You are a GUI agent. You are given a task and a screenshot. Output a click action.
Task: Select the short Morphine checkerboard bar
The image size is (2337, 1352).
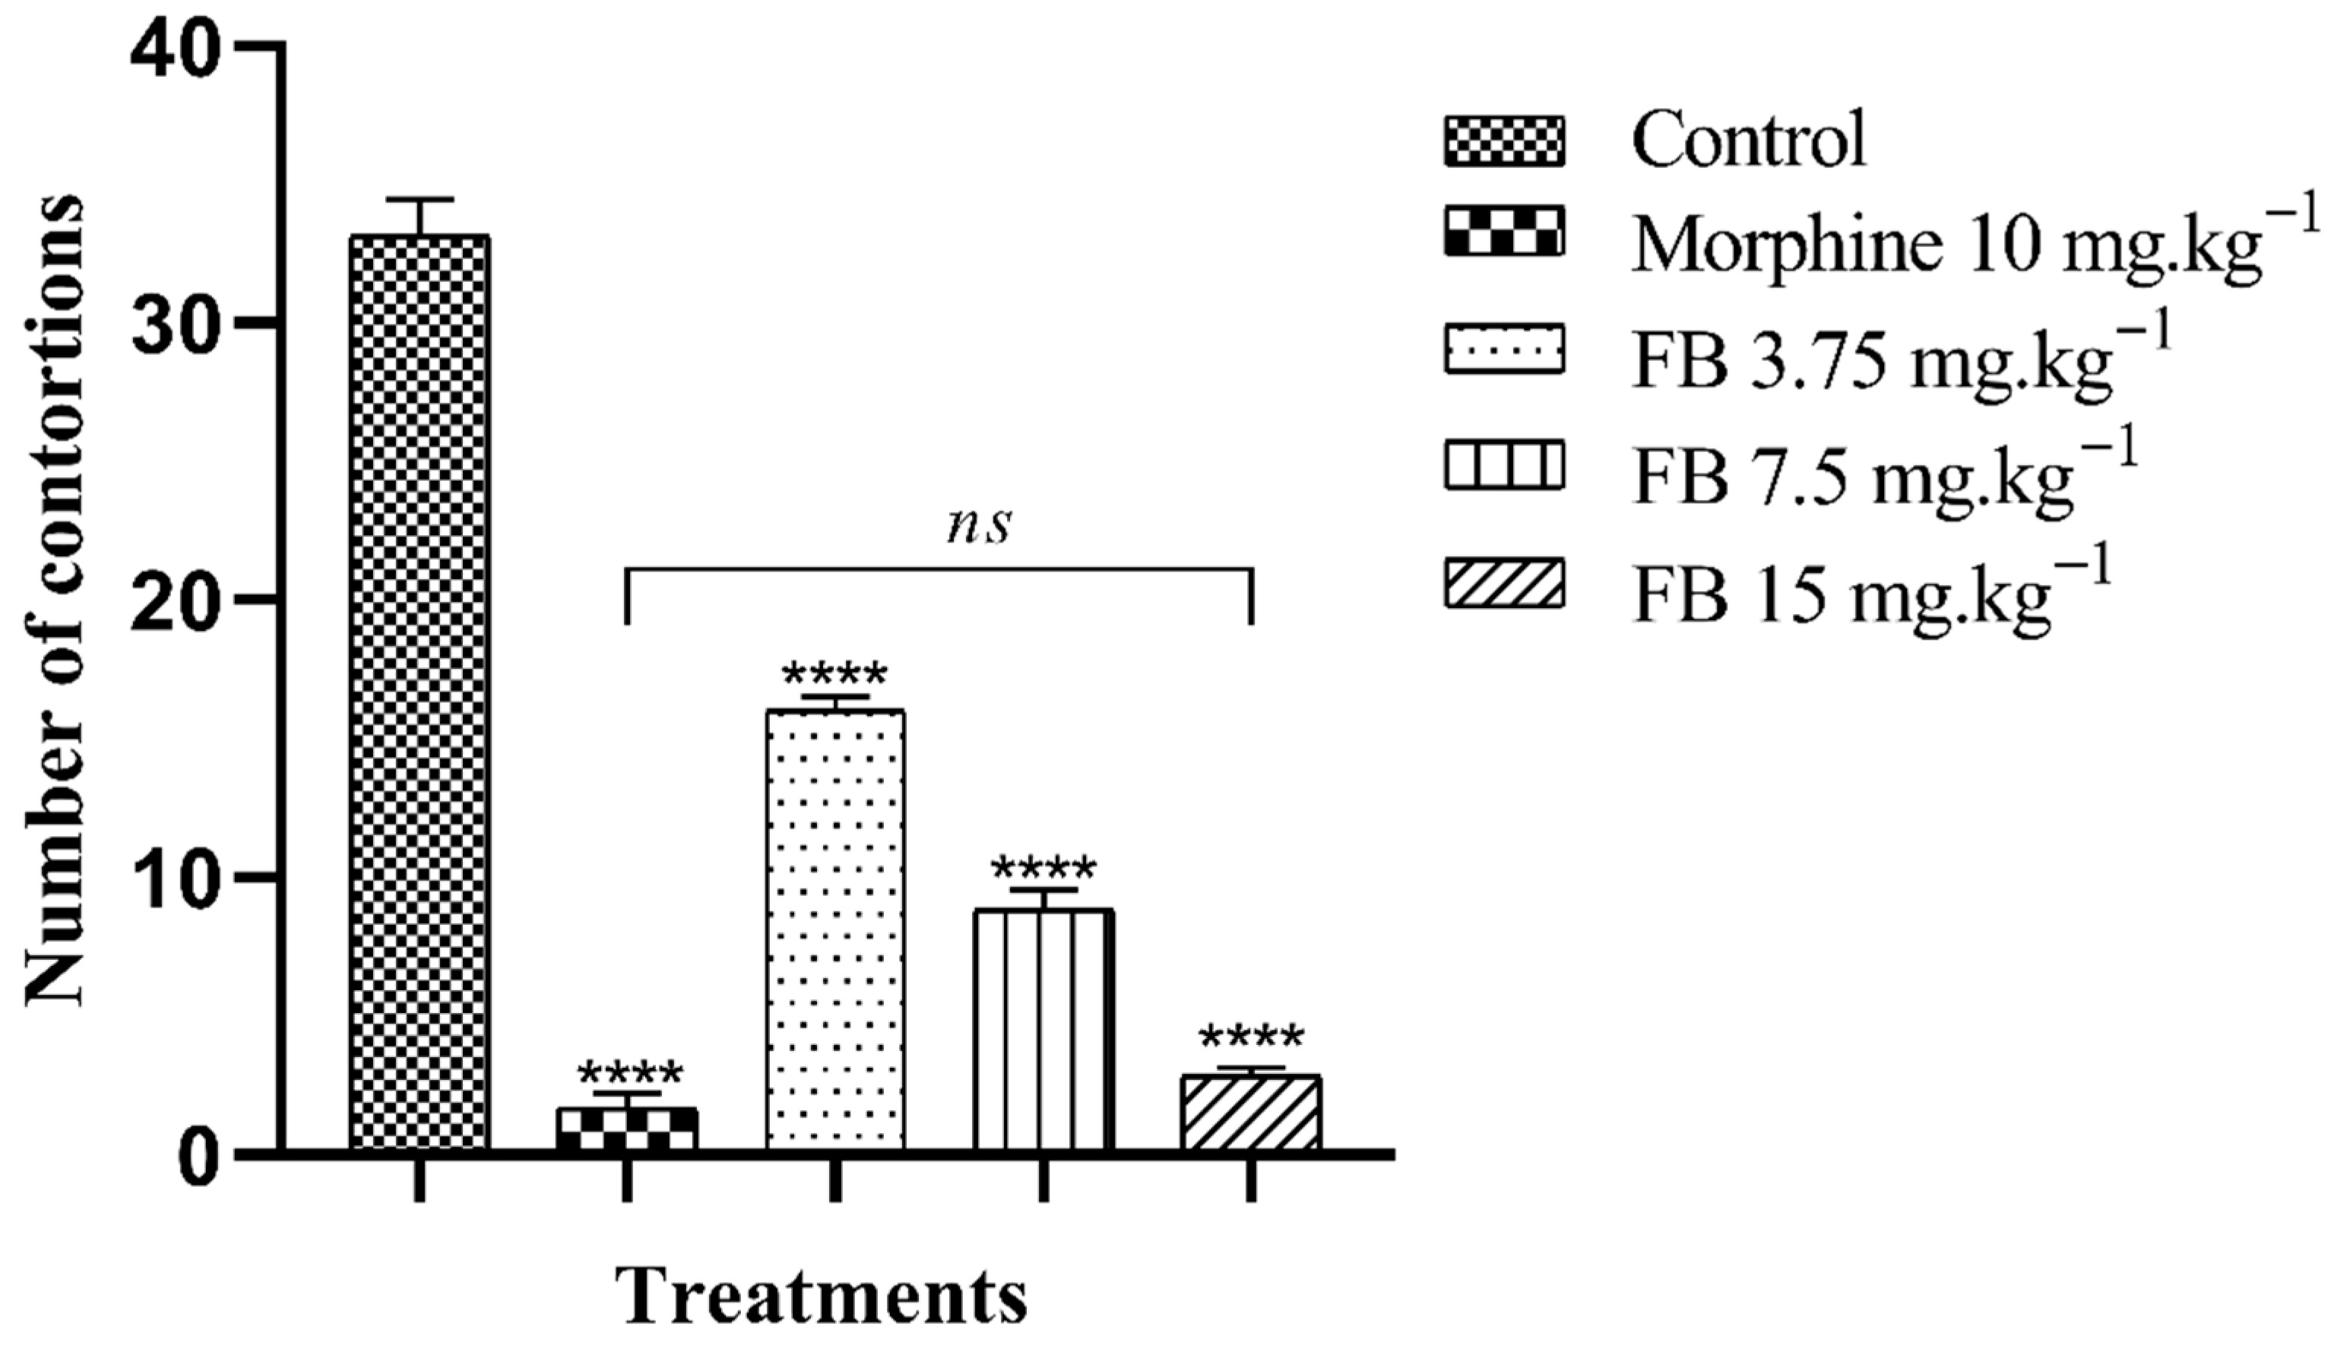(627, 1129)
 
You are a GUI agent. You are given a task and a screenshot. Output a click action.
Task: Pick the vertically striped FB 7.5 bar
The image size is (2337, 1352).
(1043, 1029)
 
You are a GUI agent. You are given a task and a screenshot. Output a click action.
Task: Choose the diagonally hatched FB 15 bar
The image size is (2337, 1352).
(1251, 1113)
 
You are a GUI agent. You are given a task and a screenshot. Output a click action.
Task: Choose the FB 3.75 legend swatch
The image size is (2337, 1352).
(1503, 349)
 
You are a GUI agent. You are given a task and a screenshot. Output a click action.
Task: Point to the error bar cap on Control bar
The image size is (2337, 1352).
(420, 199)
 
